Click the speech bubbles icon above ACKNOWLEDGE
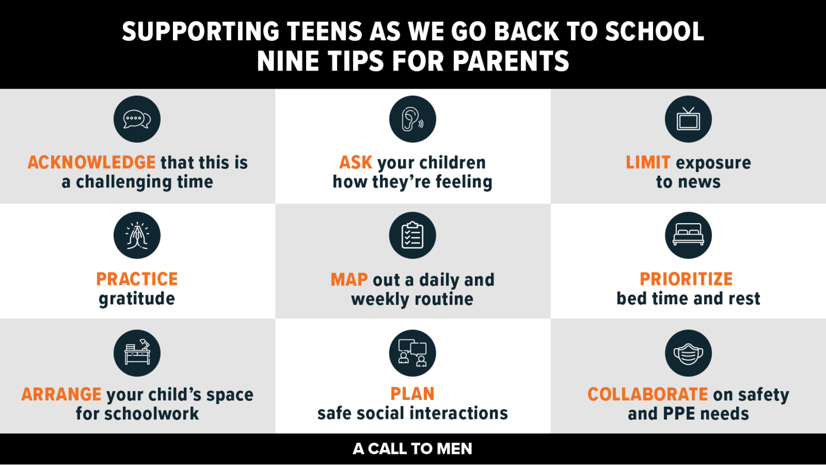137,119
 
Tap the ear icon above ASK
412,119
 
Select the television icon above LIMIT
688,119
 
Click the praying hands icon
137,235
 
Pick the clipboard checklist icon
412,235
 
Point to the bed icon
688,235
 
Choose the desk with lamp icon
137,353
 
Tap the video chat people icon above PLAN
412,353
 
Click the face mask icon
688,353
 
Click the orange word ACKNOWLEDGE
91,163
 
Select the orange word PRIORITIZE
686,279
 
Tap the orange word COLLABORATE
648,394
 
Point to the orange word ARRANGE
61,394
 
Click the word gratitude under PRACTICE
137,299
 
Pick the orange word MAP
349,280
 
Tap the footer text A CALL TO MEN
412,449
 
